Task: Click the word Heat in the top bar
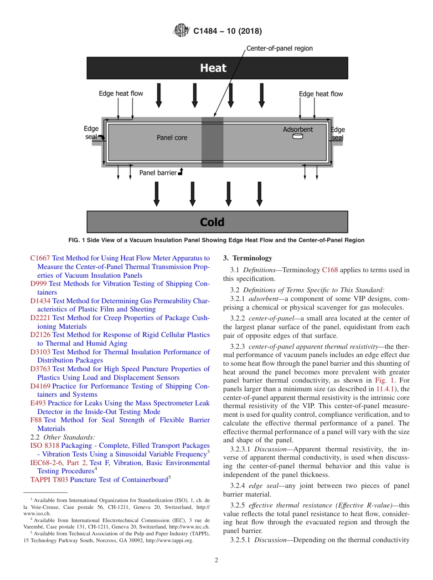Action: (213, 68)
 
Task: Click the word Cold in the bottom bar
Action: (212, 222)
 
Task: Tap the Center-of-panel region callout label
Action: (279, 48)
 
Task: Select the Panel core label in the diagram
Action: (172, 137)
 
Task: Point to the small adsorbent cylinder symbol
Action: (298, 136)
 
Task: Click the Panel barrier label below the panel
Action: (158, 173)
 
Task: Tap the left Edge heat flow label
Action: (121, 93)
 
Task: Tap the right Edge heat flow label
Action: (321, 94)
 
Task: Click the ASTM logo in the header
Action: (181, 31)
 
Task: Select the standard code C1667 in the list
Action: (40, 258)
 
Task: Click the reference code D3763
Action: (40, 369)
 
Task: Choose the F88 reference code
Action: (36, 420)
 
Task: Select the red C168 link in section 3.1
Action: (330, 270)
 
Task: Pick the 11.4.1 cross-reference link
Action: (384, 389)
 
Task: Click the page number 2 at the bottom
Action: (216, 560)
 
